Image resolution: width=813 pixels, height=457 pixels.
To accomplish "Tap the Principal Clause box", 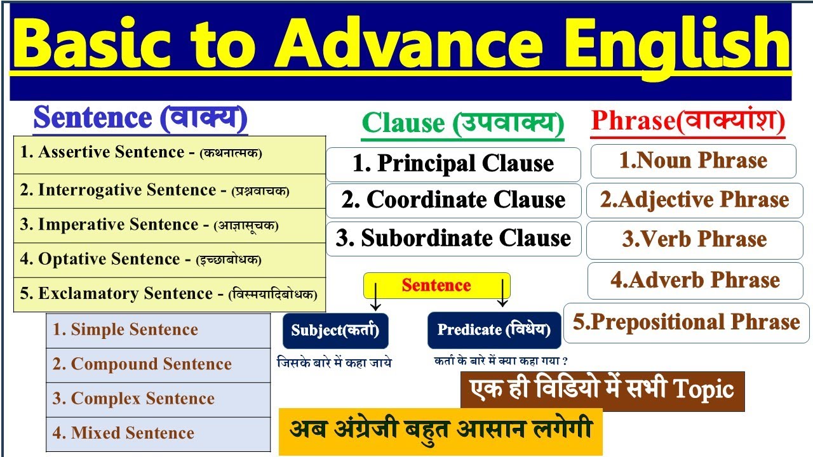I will point(454,164).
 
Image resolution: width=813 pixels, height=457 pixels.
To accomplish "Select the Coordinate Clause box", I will point(454,201).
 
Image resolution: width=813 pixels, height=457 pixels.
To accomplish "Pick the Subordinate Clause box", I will point(454,239).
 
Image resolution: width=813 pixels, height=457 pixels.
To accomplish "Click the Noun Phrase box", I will point(693,161).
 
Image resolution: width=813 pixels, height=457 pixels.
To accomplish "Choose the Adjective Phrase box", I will point(694,201).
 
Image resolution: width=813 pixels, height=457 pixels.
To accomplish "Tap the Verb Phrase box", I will point(694,240).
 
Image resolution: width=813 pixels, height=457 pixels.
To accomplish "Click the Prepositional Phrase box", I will point(687,322).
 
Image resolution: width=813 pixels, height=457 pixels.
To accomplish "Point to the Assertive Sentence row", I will point(170,153).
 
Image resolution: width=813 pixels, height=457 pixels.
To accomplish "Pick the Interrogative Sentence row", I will point(170,190).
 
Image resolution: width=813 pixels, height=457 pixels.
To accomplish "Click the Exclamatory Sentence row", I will point(170,294).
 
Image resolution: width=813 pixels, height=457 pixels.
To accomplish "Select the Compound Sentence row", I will point(158,364).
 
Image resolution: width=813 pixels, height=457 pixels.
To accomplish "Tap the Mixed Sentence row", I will point(158,434).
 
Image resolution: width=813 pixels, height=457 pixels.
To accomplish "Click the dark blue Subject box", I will point(335,330).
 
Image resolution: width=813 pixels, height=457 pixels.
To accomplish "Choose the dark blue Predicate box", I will point(494,330).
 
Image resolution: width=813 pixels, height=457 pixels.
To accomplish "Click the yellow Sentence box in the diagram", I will point(436,286).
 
